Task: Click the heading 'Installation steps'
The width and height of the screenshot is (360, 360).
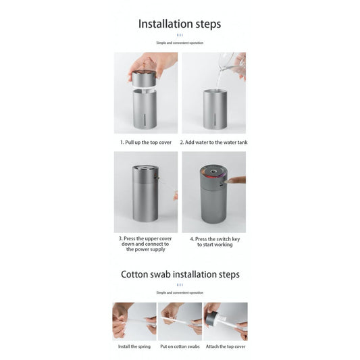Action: pos(180,24)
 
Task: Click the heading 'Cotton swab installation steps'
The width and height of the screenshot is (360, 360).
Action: pos(180,274)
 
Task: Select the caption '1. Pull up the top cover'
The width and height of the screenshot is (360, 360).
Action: pos(146,143)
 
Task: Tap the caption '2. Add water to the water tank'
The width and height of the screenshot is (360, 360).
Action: pos(213,143)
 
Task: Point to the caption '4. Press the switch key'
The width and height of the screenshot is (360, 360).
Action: pos(214,238)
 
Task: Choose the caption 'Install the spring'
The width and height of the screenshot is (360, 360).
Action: pos(134,346)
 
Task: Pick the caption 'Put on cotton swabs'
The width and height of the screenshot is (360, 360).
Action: pos(180,346)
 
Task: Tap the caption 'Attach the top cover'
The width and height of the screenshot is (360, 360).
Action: pos(226,346)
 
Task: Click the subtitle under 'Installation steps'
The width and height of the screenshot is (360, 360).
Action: pos(180,43)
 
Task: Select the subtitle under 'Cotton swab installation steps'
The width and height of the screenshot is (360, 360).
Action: pos(180,292)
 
